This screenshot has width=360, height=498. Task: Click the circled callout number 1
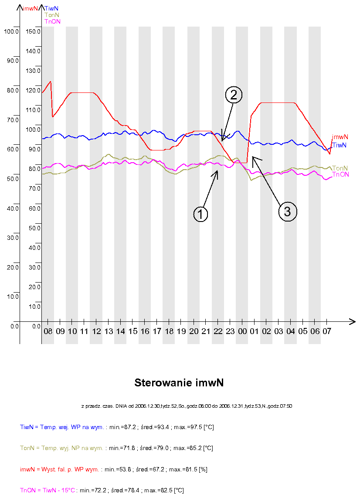[x=200, y=214]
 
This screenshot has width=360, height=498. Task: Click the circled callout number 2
[x=233, y=95]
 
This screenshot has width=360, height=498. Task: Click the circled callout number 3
[x=287, y=211]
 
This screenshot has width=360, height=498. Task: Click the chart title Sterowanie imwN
[x=179, y=383]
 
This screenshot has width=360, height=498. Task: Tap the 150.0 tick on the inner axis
[x=33, y=31]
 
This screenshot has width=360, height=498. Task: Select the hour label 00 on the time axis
[x=242, y=331]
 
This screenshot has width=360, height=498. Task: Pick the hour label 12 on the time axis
[x=97, y=331]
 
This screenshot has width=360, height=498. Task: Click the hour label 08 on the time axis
[x=48, y=331]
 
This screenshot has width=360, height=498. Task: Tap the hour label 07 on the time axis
[x=327, y=331]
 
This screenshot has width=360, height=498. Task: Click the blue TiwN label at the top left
[x=52, y=8]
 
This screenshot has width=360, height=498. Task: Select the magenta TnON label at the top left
[x=52, y=21]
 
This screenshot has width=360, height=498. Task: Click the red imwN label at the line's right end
[x=340, y=137]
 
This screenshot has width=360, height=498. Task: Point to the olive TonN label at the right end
[x=340, y=168]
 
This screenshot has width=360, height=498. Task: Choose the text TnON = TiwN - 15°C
[x=47, y=491]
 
